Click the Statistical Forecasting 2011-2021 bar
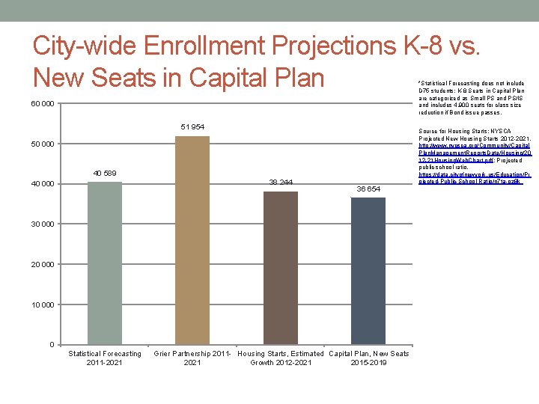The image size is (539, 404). point(105,263)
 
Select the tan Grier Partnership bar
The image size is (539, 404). point(192,239)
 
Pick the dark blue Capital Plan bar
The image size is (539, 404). point(368,270)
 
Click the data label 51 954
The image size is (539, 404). point(192,127)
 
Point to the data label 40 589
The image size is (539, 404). point(105,174)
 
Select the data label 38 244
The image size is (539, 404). point(280,183)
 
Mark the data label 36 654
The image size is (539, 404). point(368,189)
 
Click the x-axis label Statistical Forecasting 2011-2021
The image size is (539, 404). point(105,358)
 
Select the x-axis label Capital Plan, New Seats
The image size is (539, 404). point(368,354)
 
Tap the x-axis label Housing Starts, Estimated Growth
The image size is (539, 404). point(280,358)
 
